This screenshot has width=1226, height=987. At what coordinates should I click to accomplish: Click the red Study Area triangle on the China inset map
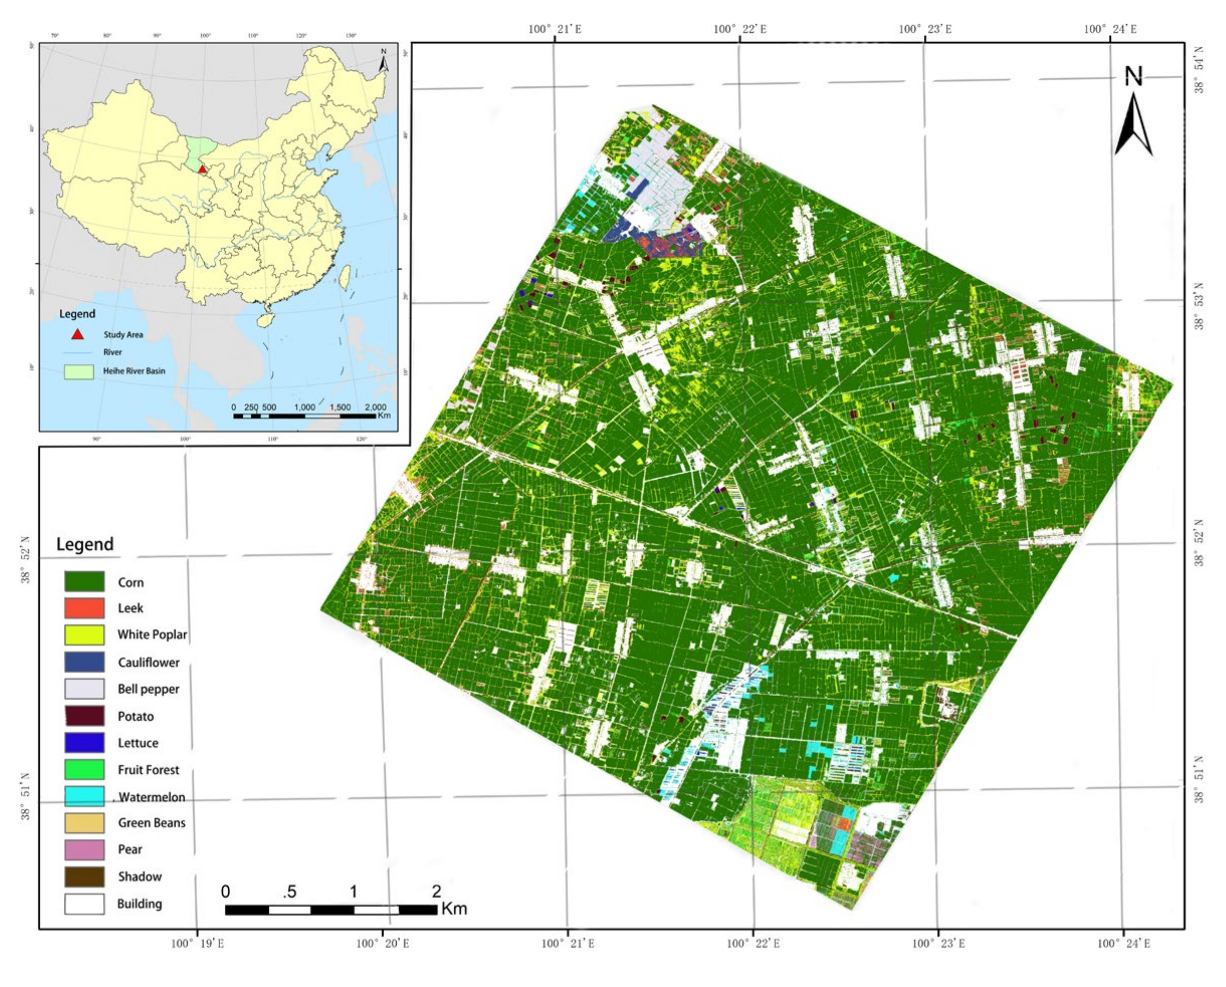[x=202, y=169]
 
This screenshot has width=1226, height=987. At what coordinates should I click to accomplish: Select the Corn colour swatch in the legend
[x=84, y=581]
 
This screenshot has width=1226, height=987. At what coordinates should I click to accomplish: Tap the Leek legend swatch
[x=84, y=608]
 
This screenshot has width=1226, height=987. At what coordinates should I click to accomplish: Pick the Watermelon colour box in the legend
[x=84, y=796]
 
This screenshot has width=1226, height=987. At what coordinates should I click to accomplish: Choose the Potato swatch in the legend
[x=84, y=716]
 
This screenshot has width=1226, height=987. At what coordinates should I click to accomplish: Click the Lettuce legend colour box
[x=84, y=742]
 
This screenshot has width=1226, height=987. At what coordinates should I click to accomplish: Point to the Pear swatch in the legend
[x=84, y=849]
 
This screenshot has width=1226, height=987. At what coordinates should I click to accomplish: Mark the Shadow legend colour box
[x=84, y=876]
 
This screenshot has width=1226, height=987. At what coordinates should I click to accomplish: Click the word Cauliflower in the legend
[x=148, y=663]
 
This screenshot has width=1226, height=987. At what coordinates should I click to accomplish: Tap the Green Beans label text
[x=151, y=823]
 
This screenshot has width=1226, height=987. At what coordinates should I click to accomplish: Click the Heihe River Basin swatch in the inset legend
[x=78, y=371]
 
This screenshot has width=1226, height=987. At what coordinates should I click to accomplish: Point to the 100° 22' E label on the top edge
[x=739, y=29]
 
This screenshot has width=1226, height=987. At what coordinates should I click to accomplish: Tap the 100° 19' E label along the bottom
[x=198, y=944]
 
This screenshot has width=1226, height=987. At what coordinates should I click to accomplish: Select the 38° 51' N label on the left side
[x=26, y=796]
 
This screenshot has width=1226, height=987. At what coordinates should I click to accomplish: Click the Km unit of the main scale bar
[x=454, y=909]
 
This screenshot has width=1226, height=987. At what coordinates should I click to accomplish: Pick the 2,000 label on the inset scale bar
[x=375, y=407]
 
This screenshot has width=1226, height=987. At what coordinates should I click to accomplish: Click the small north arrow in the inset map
[x=384, y=61]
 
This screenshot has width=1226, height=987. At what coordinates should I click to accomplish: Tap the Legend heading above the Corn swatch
[x=85, y=544]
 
